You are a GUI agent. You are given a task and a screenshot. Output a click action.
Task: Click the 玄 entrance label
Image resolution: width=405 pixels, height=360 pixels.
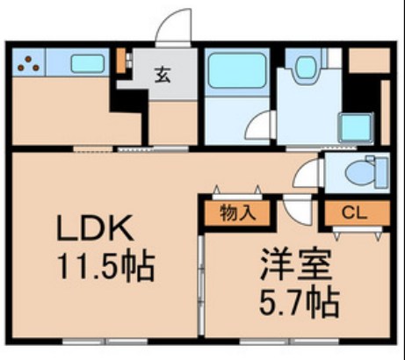click(163, 74)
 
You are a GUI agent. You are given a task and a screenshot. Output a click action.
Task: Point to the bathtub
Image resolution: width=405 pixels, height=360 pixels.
click(236, 68)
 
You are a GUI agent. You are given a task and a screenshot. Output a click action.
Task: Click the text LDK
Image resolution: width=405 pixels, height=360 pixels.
click(96, 230)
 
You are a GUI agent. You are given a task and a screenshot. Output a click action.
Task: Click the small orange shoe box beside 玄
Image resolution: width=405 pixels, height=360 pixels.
click(121, 61)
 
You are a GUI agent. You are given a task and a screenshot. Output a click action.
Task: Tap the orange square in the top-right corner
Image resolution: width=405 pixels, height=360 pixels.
click(369, 58)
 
